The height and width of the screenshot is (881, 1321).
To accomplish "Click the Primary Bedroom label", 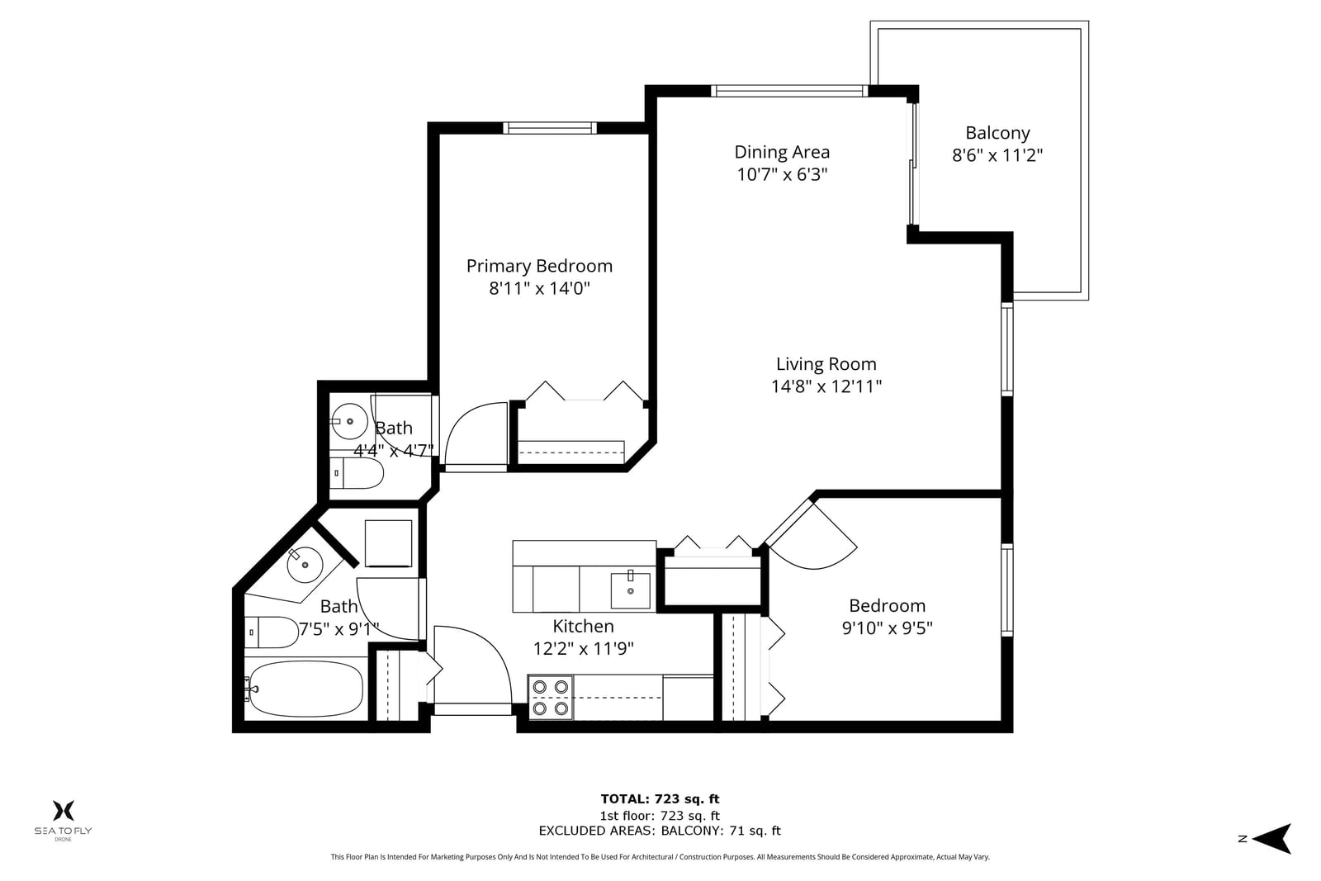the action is coord(539,266).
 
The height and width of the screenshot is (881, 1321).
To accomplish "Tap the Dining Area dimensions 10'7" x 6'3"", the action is coord(782,174).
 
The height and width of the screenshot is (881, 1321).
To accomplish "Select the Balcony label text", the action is coord(997,133).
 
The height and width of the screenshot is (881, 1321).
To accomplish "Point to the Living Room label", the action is coord(826,364).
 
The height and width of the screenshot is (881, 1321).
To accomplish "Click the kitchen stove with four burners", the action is coord(550,697).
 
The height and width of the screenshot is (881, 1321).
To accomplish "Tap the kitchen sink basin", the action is coord(631,590).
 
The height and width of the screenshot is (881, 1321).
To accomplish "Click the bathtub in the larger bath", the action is coord(305,688).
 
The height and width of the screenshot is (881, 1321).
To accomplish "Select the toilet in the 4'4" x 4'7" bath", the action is coord(356,473).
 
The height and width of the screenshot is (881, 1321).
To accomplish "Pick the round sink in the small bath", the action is coord(349,421).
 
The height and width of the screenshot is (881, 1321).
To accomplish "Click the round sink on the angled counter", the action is coord(305,564).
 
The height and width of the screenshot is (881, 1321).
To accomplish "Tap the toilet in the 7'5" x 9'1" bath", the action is coord(272,632).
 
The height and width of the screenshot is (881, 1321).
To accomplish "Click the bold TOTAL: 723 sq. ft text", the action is coord(660,799).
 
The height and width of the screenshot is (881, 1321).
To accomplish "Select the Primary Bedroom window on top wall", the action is coord(550,128).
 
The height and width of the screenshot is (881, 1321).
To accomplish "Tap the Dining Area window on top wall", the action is coord(789,91).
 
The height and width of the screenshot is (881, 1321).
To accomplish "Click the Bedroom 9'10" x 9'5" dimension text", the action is coord(887,628).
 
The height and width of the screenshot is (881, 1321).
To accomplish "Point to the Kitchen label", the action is coord(583,626).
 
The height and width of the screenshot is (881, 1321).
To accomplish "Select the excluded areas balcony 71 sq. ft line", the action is coord(660,831).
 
